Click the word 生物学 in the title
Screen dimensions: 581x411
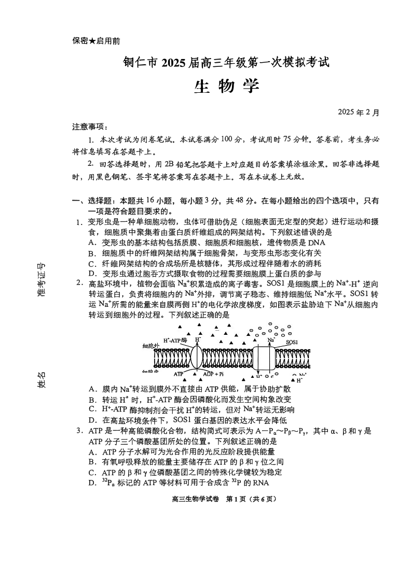pos(226,87)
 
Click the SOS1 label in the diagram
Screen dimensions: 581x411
pos(292,343)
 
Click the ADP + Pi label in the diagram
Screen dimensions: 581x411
pos(213,374)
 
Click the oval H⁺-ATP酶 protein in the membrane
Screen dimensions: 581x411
pos(198,357)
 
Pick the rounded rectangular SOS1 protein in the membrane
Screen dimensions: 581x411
pos(269,358)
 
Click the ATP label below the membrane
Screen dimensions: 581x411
pos(179,374)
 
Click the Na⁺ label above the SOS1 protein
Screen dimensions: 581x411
pos(271,340)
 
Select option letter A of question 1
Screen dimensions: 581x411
pos(91,242)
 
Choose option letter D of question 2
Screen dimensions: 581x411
pos(91,420)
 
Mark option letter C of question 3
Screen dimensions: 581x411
pos(91,473)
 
